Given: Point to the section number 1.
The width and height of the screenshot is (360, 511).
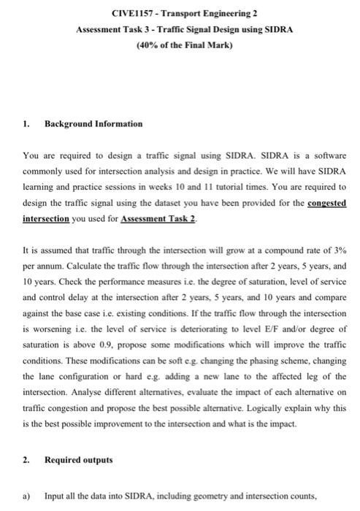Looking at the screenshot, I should tap(26, 124).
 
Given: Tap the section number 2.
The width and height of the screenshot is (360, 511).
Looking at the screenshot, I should tap(26, 461).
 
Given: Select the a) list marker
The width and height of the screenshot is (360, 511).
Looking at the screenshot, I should tap(26, 496).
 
